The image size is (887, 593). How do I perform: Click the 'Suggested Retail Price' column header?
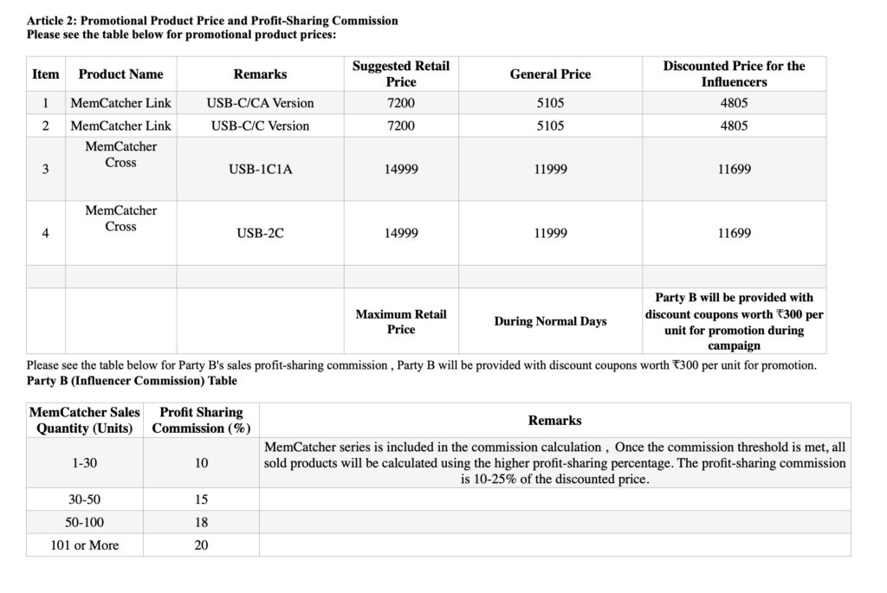coord(400,74)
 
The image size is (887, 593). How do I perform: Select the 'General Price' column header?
coord(550,74)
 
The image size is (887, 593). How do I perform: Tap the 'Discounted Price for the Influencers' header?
coord(734,74)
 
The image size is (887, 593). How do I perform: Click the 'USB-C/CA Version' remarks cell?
coord(260,103)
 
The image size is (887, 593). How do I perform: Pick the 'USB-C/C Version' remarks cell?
coord(260,126)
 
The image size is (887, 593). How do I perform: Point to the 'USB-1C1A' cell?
coord(260,169)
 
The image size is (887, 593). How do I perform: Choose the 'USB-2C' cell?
coord(260,233)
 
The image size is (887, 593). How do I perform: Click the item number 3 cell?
coord(45,169)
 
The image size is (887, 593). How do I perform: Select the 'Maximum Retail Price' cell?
coord(400,321)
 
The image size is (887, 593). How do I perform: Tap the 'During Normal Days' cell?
coord(550,321)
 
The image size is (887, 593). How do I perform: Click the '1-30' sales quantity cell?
coord(84,463)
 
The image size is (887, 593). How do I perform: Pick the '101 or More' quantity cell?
coord(84,545)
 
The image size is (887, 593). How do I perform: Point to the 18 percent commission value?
coord(201,522)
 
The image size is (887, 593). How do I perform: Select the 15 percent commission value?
coord(201,500)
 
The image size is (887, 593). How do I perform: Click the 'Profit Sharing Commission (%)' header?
coord(201,420)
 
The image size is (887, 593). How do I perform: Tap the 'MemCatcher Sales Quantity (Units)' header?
coord(84,420)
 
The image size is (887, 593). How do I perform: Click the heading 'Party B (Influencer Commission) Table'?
coord(132,380)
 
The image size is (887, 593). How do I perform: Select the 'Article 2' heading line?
coord(212,20)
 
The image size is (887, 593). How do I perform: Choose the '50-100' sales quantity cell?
coord(84,522)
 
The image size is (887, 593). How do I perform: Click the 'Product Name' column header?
coord(120,74)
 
